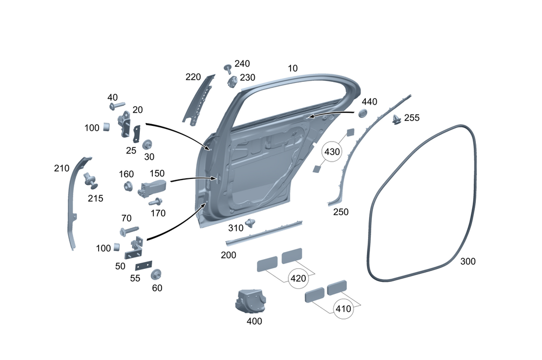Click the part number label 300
468,261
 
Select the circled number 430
332,152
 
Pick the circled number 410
343,309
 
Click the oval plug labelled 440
361,113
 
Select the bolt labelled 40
117,105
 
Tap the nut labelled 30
147,145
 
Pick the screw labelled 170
156,202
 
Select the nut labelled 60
157,274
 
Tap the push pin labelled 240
228,68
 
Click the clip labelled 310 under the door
250,222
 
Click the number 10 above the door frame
293,68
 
